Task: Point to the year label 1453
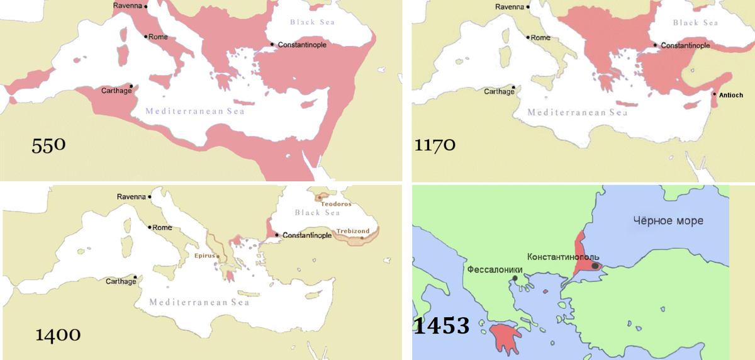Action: pyautogui.click(x=442, y=326)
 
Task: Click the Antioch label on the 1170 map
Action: pyautogui.click(x=730, y=96)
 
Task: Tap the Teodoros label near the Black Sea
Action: pyautogui.click(x=335, y=205)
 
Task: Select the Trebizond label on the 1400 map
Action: pyautogui.click(x=352, y=231)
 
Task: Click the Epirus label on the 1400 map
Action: pyautogui.click(x=201, y=257)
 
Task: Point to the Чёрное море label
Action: pyautogui.click(x=668, y=221)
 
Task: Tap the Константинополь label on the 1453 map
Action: pyautogui.click(x=562, y=257)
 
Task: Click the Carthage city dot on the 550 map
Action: pyautogui.click(x=131, y=86)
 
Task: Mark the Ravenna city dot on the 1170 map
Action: pyautogui.click(x=528, y=8)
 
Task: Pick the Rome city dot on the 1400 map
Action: pyautogui.click(x=150, y=227)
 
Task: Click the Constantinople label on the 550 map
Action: pyautogui.click(x=301, y=45)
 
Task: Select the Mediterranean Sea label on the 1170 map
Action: pyautogui.click(x=577, y=113)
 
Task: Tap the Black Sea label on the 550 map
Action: pyautogui.click(x=312, y=23)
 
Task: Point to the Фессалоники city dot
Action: pyautogui.click(x=515, y=278)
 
